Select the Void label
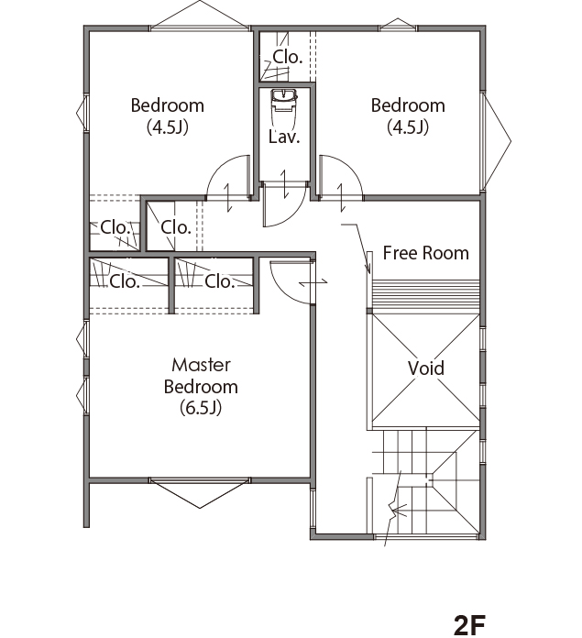426,368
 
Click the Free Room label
426,253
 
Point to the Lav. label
284,137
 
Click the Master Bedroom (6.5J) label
201,386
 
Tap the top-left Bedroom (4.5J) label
167,116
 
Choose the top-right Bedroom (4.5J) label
408,116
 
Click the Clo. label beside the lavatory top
288,57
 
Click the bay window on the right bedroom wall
496,141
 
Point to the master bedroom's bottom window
200,492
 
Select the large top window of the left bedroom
200,16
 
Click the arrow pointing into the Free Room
358,247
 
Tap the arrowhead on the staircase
399,510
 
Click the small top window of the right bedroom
398,25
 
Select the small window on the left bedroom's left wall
82,113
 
